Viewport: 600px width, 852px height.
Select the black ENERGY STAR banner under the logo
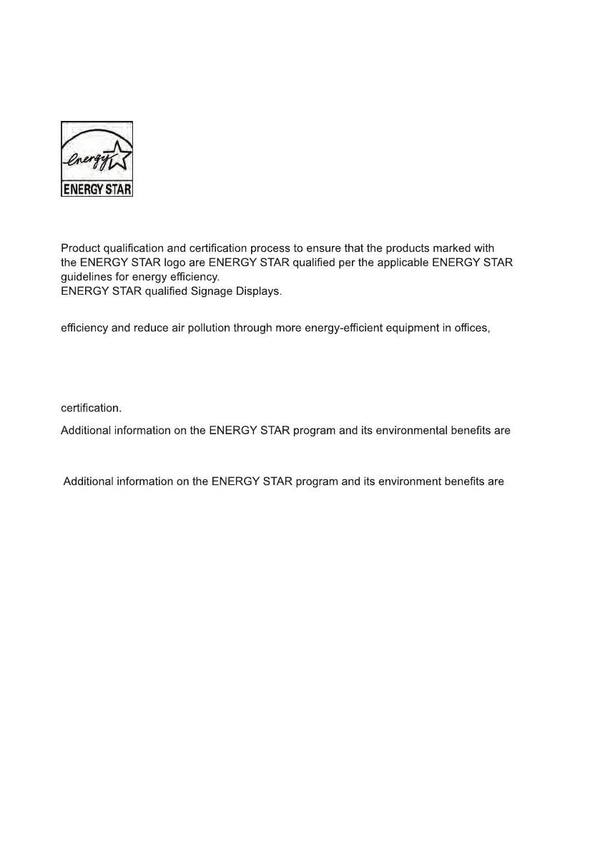[x=97, y=190]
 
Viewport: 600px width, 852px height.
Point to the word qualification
[x=134, y=249]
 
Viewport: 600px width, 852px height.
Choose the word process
[x=269, y=249]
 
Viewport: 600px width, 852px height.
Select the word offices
[x=472, y=330]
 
